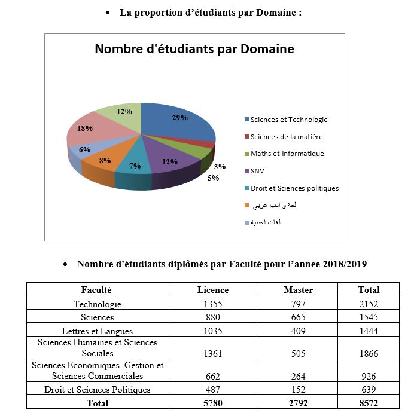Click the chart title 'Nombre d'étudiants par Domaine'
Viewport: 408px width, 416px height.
pos(194,49)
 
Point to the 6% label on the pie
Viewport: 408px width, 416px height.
pos(84,149)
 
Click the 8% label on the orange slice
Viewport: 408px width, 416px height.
pos(105,160)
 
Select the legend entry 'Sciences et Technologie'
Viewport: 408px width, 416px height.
pos(288,120)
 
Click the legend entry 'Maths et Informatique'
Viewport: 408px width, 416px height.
pos(287,154)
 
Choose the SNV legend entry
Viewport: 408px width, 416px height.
pos(258,171)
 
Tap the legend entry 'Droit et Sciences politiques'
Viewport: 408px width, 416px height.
pos(294,188)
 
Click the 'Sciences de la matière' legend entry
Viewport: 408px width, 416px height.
pos(286,137)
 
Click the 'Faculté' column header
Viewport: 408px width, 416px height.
pos(97,290)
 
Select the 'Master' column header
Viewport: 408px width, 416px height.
pos(298,290)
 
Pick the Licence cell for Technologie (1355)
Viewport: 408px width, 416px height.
pos(213,304)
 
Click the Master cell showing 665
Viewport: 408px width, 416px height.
pos(298,317)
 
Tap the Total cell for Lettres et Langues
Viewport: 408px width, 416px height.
pos(369,331)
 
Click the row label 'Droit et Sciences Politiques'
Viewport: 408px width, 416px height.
pos(97,390)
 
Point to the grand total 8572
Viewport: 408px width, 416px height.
pos(369,403)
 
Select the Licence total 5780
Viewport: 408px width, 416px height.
pos(213,403)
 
